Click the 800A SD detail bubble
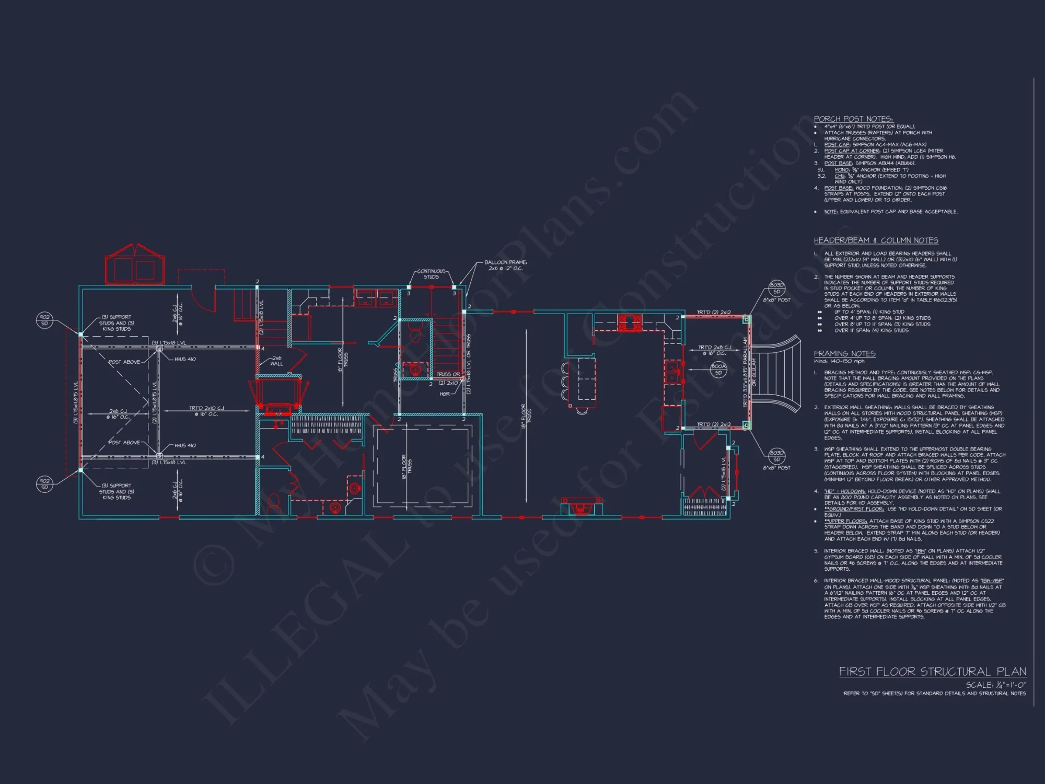point(718,369)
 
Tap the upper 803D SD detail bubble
point(776,288)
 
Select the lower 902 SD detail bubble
point(44,483)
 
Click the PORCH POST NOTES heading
point(853,119)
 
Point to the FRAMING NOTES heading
point(844,354)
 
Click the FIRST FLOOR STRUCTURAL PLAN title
point(932,672)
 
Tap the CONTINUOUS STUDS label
point(431,274)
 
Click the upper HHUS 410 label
point(185,359)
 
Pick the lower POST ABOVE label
point(124,443)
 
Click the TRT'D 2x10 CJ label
point(206,411)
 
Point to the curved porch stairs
point(776,374)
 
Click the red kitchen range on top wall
point(630,322)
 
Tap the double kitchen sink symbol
point(672,372)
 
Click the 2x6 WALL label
point(276,361)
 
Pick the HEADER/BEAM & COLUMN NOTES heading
point(876,240)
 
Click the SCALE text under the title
point(995,685)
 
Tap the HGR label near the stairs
point(445,394)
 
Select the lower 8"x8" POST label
point(776,468)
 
